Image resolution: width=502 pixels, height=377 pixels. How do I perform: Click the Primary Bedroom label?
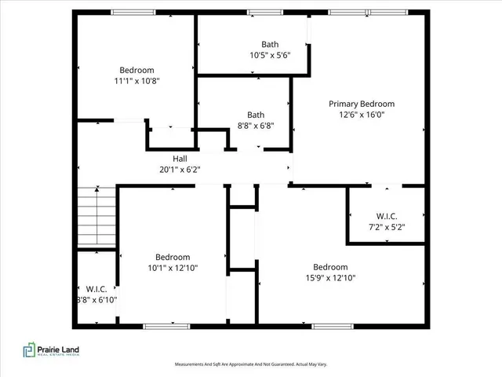(361, 104)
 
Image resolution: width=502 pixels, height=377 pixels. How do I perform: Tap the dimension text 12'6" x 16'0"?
(361, 115)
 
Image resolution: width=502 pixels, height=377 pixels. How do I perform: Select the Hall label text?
(180, 158)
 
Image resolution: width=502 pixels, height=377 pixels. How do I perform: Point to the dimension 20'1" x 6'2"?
(180, 169)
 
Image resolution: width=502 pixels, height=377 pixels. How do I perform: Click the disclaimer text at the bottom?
(250, 364)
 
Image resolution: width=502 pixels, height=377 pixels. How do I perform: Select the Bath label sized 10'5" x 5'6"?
(270, 45)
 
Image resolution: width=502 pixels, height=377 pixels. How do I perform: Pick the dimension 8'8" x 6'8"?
(256, 125)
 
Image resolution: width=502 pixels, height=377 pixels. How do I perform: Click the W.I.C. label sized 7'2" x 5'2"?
(386, 217)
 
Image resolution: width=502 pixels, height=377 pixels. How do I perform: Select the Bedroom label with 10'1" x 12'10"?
(172, 257)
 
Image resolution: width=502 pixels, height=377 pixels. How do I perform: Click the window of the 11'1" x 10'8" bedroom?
(133, 12)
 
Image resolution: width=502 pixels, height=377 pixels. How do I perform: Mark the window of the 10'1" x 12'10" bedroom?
(166, 326)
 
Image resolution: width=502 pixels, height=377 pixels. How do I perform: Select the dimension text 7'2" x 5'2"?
(386, 228)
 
